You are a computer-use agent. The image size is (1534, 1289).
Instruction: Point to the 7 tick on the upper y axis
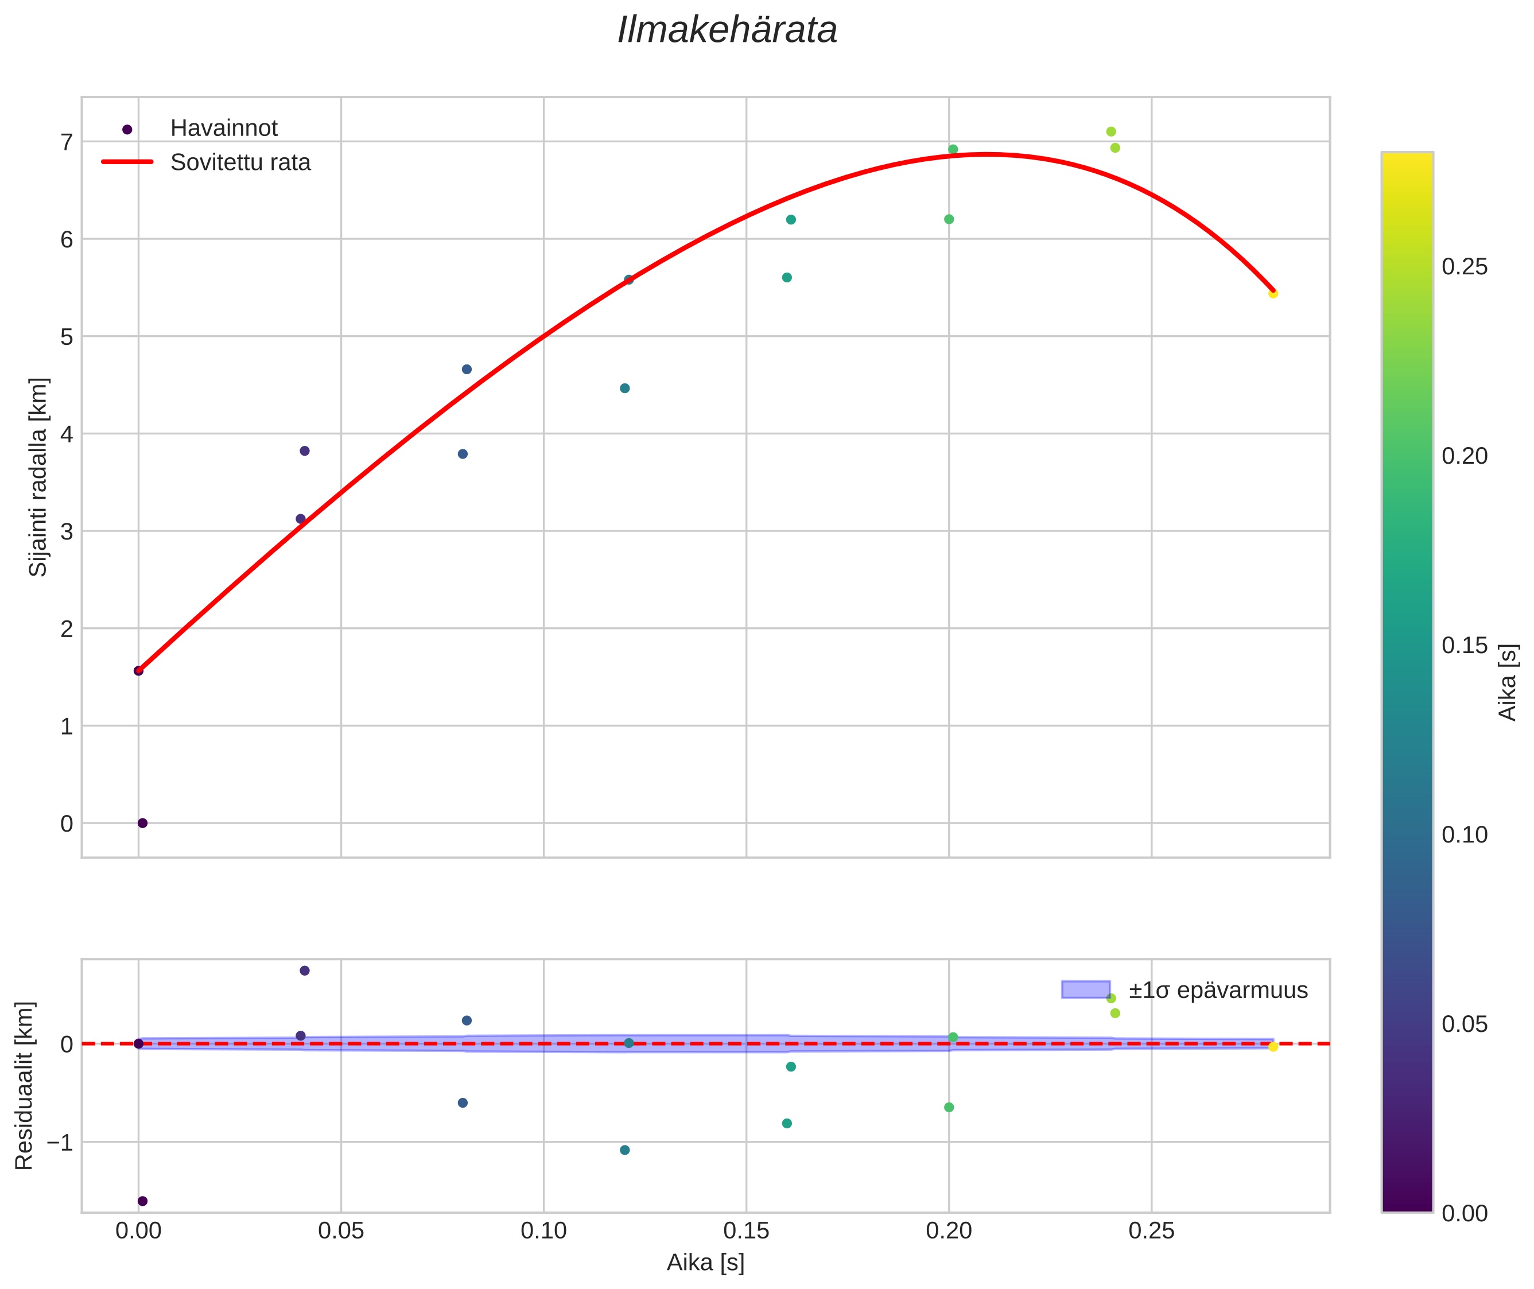click(x=67, y=142)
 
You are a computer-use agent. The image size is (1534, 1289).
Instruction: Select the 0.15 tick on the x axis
click(x=745, y=1231)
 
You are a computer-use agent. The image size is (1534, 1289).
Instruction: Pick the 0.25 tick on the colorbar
click(x=1464, y=267)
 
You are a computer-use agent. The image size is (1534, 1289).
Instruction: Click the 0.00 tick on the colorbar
click(x=1464, y=1214)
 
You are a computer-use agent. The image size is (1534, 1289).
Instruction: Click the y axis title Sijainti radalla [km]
click(x=38, y=476)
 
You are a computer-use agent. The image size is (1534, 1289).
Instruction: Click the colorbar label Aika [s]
click(x=1508, y=682)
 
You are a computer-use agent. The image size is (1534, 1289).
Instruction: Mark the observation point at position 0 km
click(x=142, y=823)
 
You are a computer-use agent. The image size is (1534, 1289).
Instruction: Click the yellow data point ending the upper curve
click(x=1272, y=294)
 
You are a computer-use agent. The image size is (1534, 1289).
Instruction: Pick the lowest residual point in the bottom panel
click(x=142, y=1201)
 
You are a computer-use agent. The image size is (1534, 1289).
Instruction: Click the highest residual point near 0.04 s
click(x=305, y=970)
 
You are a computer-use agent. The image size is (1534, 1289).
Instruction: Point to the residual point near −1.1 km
click(x=624, y=1150)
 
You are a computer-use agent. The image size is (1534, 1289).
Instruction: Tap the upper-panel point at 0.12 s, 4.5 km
click(x=624, y=388)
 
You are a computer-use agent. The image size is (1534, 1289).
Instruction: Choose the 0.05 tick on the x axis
click(x=340, y=1231)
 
